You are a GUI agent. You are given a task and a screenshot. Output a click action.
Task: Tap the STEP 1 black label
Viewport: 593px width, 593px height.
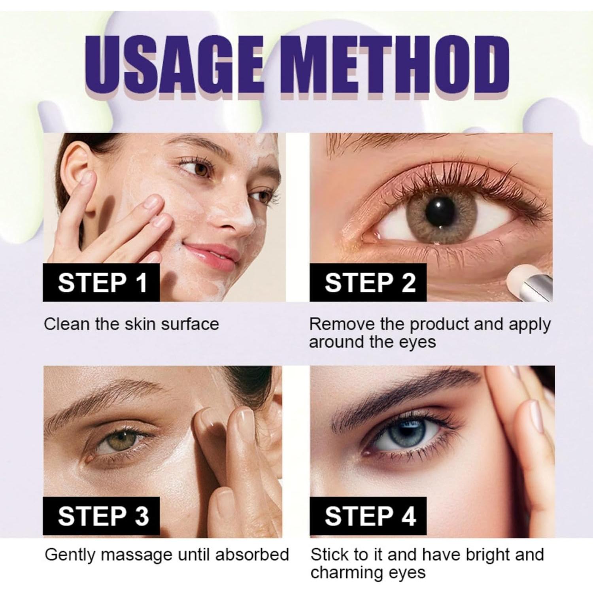(102, 283)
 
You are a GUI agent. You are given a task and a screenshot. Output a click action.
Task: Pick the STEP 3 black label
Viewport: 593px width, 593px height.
(102, 516)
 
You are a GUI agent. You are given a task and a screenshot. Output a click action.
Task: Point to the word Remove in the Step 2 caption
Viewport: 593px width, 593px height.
(342, 324)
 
